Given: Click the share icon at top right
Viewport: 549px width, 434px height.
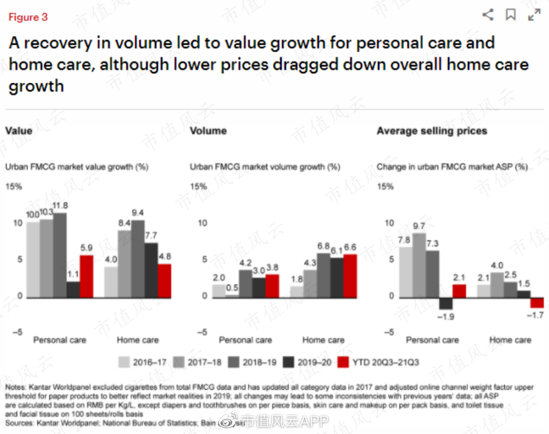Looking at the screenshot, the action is [x=487, y=15].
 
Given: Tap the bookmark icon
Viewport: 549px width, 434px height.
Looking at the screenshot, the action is [x=510, y=15].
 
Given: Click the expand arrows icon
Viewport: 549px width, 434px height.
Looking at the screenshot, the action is [x=534, y=15].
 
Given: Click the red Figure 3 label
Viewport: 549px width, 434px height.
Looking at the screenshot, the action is [x=28, y=17].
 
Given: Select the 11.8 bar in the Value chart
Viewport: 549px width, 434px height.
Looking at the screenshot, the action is [x=60, y=255].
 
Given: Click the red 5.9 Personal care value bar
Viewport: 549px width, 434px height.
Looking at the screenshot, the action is [x=86, y=276].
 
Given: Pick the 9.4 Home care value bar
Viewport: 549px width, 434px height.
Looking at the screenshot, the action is [x=138, y=259].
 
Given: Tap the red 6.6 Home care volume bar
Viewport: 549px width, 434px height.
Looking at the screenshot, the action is [x=350, y=276].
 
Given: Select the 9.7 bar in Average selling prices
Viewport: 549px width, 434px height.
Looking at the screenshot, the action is [x=419, y=265].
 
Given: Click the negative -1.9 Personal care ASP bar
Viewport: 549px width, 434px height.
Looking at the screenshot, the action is [x=446, y=303].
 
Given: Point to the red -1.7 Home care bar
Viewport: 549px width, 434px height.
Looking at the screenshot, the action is [x=537, y=303].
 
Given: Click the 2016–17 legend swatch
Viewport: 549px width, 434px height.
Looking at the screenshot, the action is [x=124, y=362].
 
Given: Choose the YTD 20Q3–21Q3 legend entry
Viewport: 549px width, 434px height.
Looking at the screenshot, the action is [x=379, y=362].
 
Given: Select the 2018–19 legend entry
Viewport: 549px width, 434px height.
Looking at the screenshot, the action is [x=252, y=362].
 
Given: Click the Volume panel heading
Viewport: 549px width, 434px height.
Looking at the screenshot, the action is [x=208, y=131].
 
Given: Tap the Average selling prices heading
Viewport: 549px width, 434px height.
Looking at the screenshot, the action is [x=432, y=131].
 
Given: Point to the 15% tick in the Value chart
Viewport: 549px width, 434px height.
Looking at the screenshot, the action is [x=14, y=187].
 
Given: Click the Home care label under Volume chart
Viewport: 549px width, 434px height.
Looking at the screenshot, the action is [x=323, y=340].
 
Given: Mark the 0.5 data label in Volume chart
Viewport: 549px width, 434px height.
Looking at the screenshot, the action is [x=232, y=288].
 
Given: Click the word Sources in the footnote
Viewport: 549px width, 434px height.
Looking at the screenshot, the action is [x=19, y=423].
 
